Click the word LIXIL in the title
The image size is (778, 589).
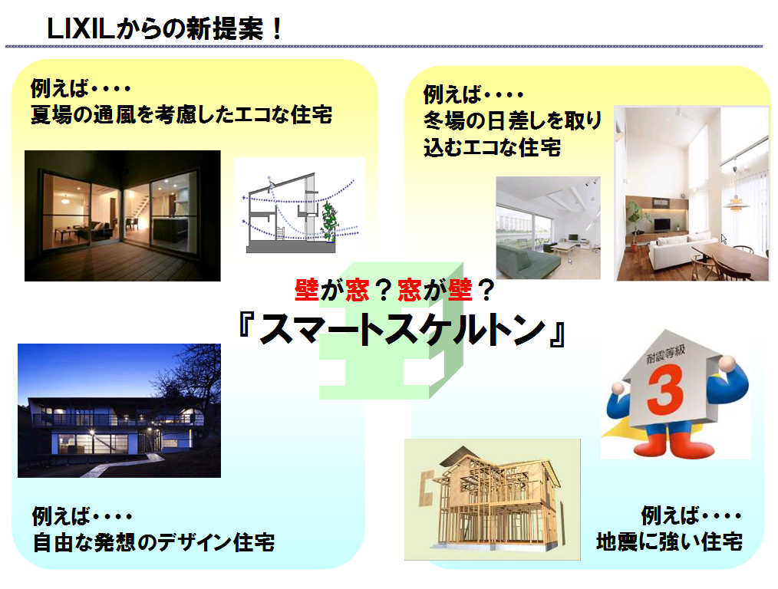[x=81, y=28]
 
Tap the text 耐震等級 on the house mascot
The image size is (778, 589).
[x=665, y=354]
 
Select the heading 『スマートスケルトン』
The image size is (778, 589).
[x=402, y=329]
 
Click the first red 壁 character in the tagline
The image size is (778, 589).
[x=306, y=290]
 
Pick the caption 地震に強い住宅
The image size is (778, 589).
[x=669, y=542]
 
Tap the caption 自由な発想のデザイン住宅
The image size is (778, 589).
[x=153, y=542]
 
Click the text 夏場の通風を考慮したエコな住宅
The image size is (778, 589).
[x=182, y=114]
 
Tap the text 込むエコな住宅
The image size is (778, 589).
[x=493, y=147]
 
